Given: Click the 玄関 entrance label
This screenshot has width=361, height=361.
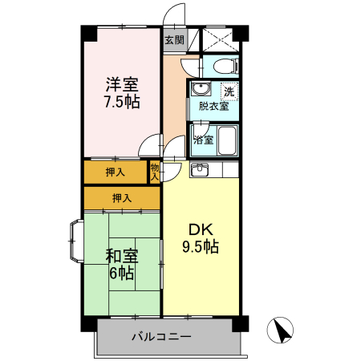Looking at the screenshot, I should pyautogui.click(x=174, y=39).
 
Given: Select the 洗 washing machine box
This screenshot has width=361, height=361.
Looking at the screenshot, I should pyautogui.click(x=229, y=91).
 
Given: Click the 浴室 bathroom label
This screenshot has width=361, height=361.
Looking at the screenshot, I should pyautogui.click(x=203, y=140).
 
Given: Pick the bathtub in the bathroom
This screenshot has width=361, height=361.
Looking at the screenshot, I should pyautogui.click(x=227, y=140).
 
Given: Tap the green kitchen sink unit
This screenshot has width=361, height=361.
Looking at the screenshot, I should pyautogui.click(x=199, y=169).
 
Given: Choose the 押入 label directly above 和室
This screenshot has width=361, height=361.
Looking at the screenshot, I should pyautogui.click(x=122, y=197).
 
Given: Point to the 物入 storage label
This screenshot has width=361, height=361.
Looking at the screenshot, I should pyautogui.click(x=154, y=172).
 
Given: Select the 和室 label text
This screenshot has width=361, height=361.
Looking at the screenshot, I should pyautogui.click(x=122, y=257).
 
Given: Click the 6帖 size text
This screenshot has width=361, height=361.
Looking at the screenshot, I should pyautogui.click(x=122, y=274).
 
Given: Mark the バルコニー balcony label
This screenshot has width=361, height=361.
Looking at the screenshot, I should pyautogui.click(x=161, y=337).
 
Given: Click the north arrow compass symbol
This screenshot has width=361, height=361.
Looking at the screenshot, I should pyautogui.click(x=282, y=330).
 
